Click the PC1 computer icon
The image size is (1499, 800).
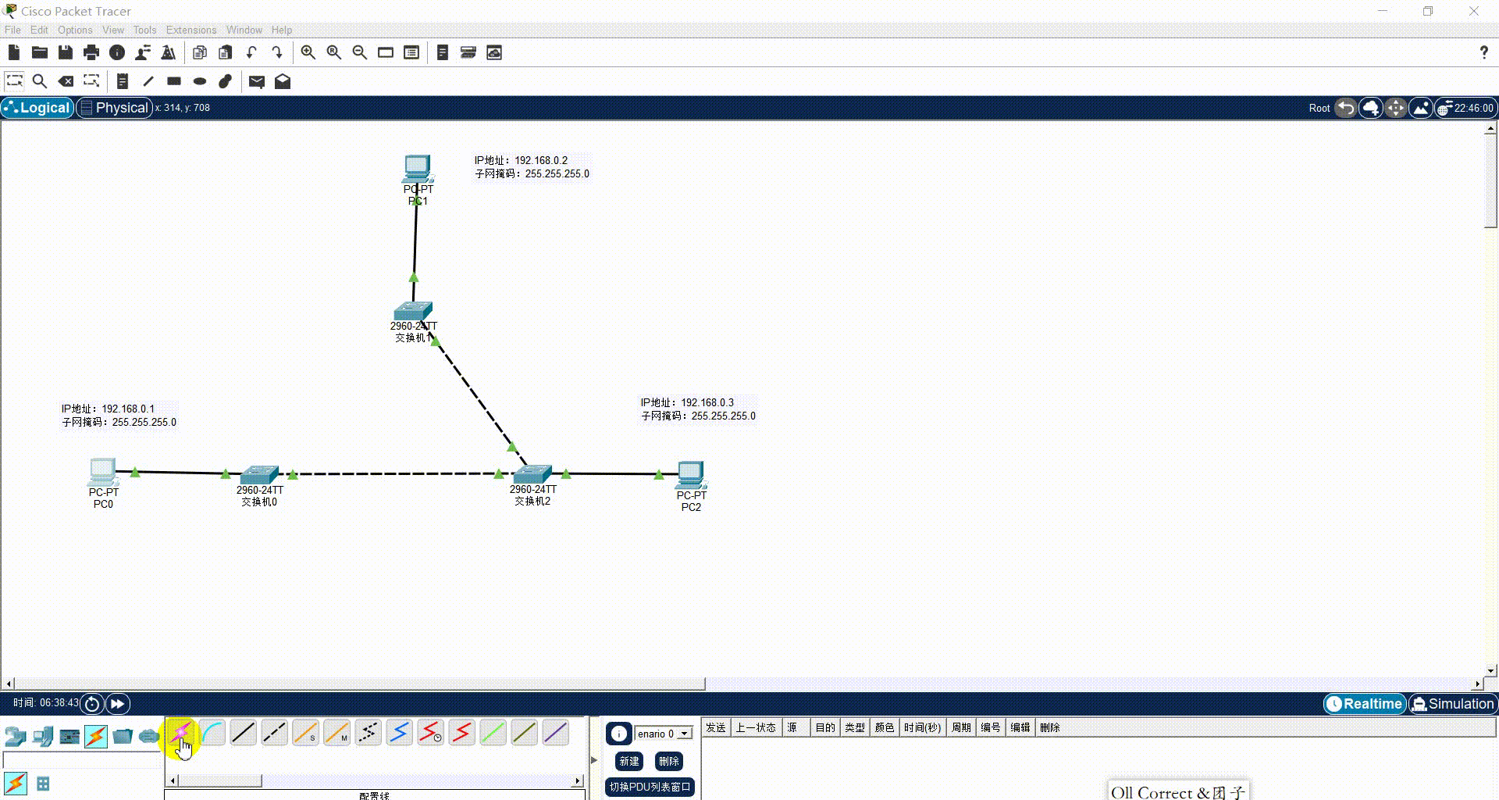click(x=418, y=168)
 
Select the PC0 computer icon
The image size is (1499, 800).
click(x=102, y=471)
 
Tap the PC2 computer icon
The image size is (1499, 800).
click(x=691, y=474)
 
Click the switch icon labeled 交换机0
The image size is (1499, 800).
click(x=259, y=473)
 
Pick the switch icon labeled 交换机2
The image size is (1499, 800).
click(x=532, y=473)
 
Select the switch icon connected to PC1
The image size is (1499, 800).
click(x=413, y=311)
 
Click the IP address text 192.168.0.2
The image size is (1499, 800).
click(x=540, y=160)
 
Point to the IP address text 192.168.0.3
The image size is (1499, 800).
click(x=707, y=402)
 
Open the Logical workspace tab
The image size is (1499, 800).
click(x=37, y=108)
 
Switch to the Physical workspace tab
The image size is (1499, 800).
click(x=114, y=108)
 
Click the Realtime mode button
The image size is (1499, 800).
click(x=1364, y=704)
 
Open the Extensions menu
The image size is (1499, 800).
click(x=190, y=30)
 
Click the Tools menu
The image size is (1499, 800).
click(x=144, y=30)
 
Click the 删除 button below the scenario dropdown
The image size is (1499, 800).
click(x=668, y=761)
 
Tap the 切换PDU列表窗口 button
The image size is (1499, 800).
click(x=650, y=787)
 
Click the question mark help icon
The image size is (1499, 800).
click(x=1483, y=52)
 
